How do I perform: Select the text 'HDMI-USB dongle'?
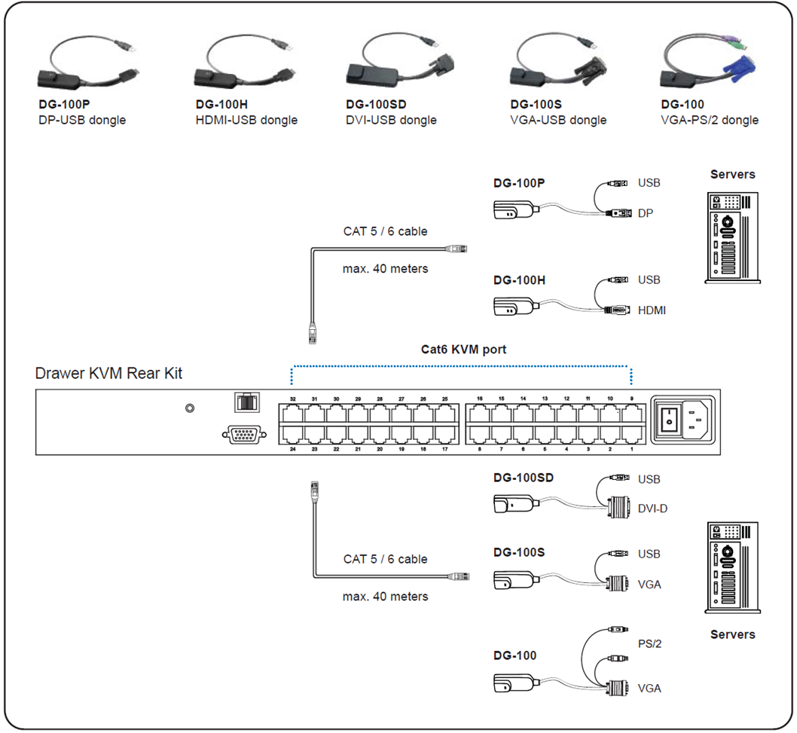[x=246, y=120]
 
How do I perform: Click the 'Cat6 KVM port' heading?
[x=463, y=350]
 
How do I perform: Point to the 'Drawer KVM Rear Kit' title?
[x=108, y=373]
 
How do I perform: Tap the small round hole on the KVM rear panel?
[x=191, y=408]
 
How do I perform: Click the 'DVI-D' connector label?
[x=652, y=509]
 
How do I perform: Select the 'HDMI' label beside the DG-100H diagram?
[x=652, y=310]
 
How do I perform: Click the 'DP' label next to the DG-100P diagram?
[x=646, y=213]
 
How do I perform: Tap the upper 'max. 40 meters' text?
[x=385, y=269]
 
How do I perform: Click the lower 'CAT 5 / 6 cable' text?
[x=385, y=559]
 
